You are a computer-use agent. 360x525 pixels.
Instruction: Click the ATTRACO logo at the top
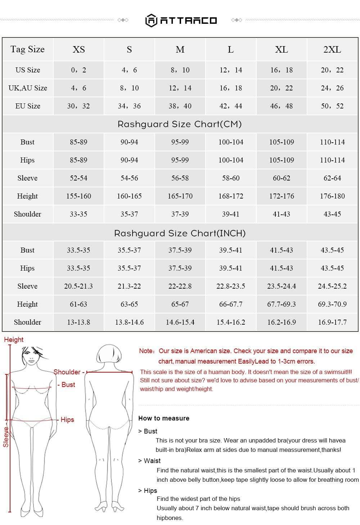[181, 20]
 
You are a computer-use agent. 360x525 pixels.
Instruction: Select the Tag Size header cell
[27, 49]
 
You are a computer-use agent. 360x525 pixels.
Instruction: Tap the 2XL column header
[332, 49]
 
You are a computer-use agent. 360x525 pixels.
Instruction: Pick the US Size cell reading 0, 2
[78, 70]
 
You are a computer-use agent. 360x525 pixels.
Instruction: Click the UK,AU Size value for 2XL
[332, 88]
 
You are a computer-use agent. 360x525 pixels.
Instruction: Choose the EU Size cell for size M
[180, 106]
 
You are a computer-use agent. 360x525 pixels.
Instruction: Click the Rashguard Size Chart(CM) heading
[180, 124]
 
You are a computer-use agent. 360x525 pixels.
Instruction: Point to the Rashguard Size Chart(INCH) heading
[180, 233]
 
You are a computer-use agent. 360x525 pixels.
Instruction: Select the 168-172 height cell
[231, 196]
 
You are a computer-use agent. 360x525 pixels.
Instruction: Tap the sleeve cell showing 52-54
[78, 178]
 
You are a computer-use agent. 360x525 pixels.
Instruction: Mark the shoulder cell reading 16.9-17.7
[332, 322]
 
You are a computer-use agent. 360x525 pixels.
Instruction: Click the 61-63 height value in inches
[78, 304]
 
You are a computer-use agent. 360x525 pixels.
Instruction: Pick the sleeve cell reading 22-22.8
[180, 286]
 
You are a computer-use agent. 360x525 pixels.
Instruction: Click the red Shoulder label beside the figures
[67, 372]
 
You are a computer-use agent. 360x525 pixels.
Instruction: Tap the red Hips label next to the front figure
[67, 419]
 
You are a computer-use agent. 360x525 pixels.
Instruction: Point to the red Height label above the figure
[14, 339]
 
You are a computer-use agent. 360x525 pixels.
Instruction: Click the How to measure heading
[164, 418]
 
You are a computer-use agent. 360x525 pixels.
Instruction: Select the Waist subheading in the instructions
[152, 461]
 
